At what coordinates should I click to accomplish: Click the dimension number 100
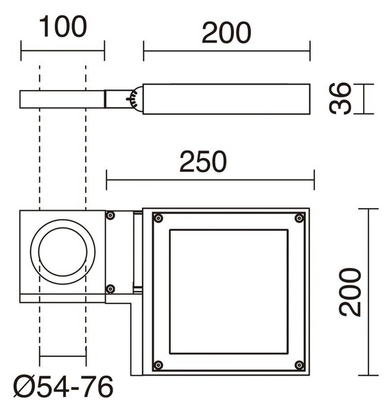click(62, 26)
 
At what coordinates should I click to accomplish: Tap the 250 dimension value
click(203, 161)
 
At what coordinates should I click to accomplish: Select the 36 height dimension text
click(340, 98)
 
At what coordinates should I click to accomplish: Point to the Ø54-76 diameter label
click(63, 387)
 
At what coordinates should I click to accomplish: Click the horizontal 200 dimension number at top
click(226, 32)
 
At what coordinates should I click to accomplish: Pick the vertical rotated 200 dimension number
click(350, 293)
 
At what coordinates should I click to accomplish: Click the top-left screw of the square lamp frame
click(158, 218)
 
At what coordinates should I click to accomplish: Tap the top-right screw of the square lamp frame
click(299, 218)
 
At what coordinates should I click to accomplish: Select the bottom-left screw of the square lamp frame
click(158, 365)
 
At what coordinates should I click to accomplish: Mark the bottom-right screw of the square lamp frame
click(299, 365)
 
